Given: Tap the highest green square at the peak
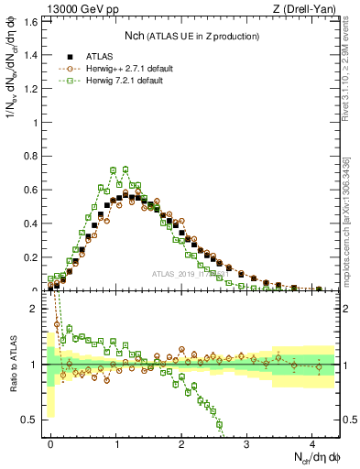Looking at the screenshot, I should pos(113,169).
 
